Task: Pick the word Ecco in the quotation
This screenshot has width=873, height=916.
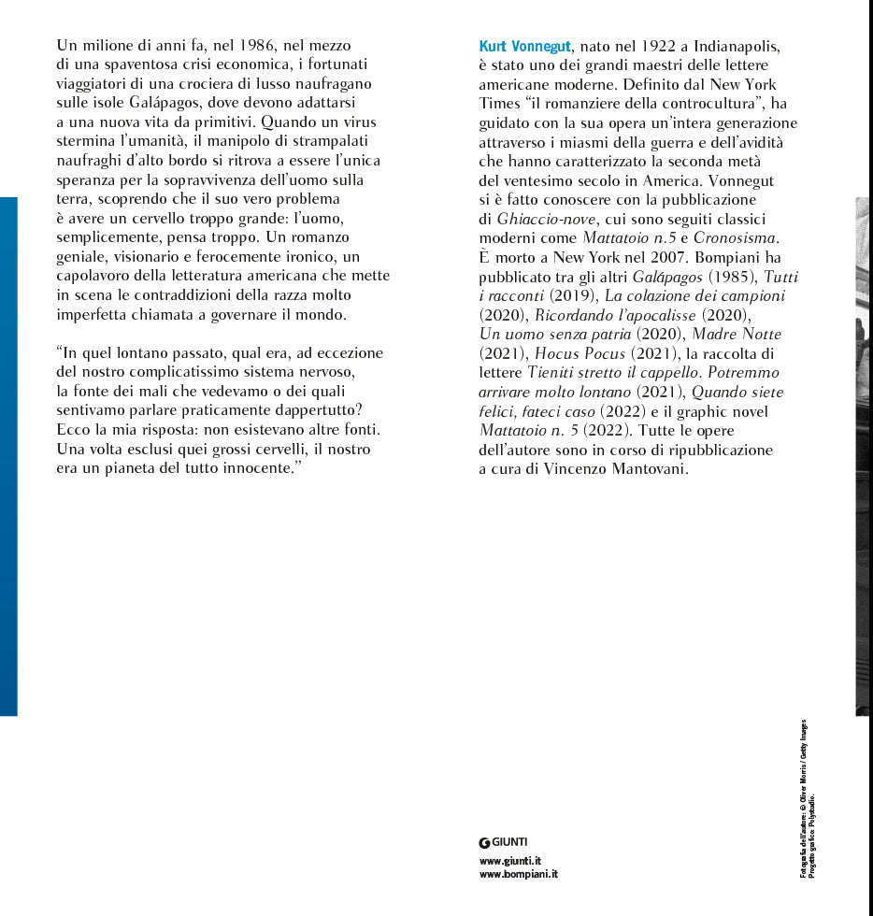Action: (73, 430)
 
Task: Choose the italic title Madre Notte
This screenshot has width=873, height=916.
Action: (737, 334)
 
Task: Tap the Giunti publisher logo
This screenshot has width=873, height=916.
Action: (503, 842)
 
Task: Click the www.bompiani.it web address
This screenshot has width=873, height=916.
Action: (518, 875)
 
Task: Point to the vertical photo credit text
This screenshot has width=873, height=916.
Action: (808, 799)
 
